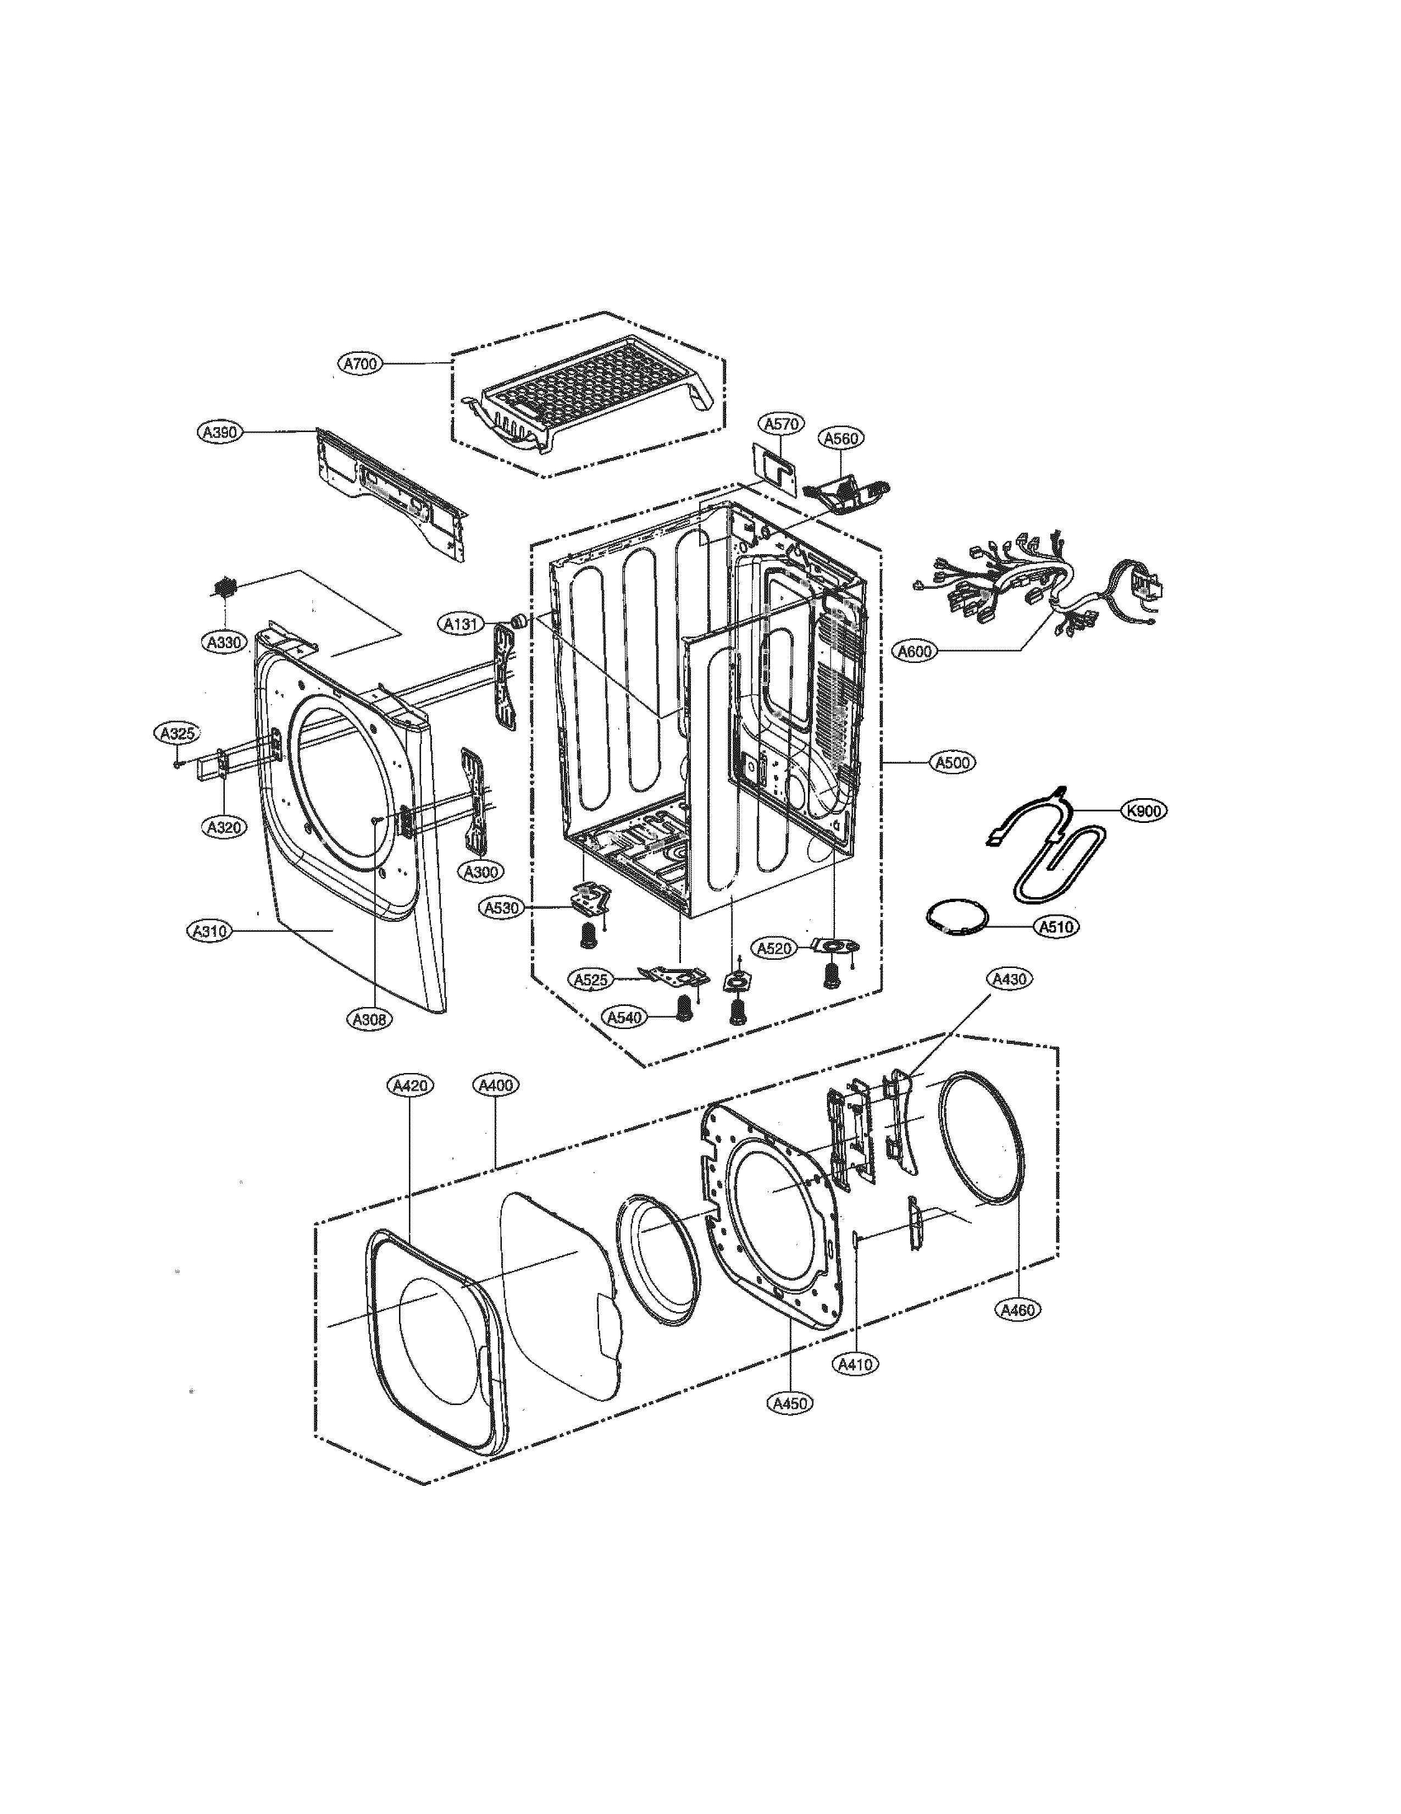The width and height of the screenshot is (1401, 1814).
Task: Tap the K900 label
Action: (x=1144, y=810)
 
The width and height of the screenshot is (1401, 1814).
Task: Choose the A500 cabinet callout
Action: (x=953, y=762)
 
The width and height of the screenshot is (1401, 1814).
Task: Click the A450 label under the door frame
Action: (x=789, y=1403)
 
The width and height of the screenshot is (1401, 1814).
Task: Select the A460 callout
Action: (x=1018, y=1310)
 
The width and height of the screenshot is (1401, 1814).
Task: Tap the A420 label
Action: (x=410, y=1085)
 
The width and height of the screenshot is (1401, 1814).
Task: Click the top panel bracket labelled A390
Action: (x=390, y=499)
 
